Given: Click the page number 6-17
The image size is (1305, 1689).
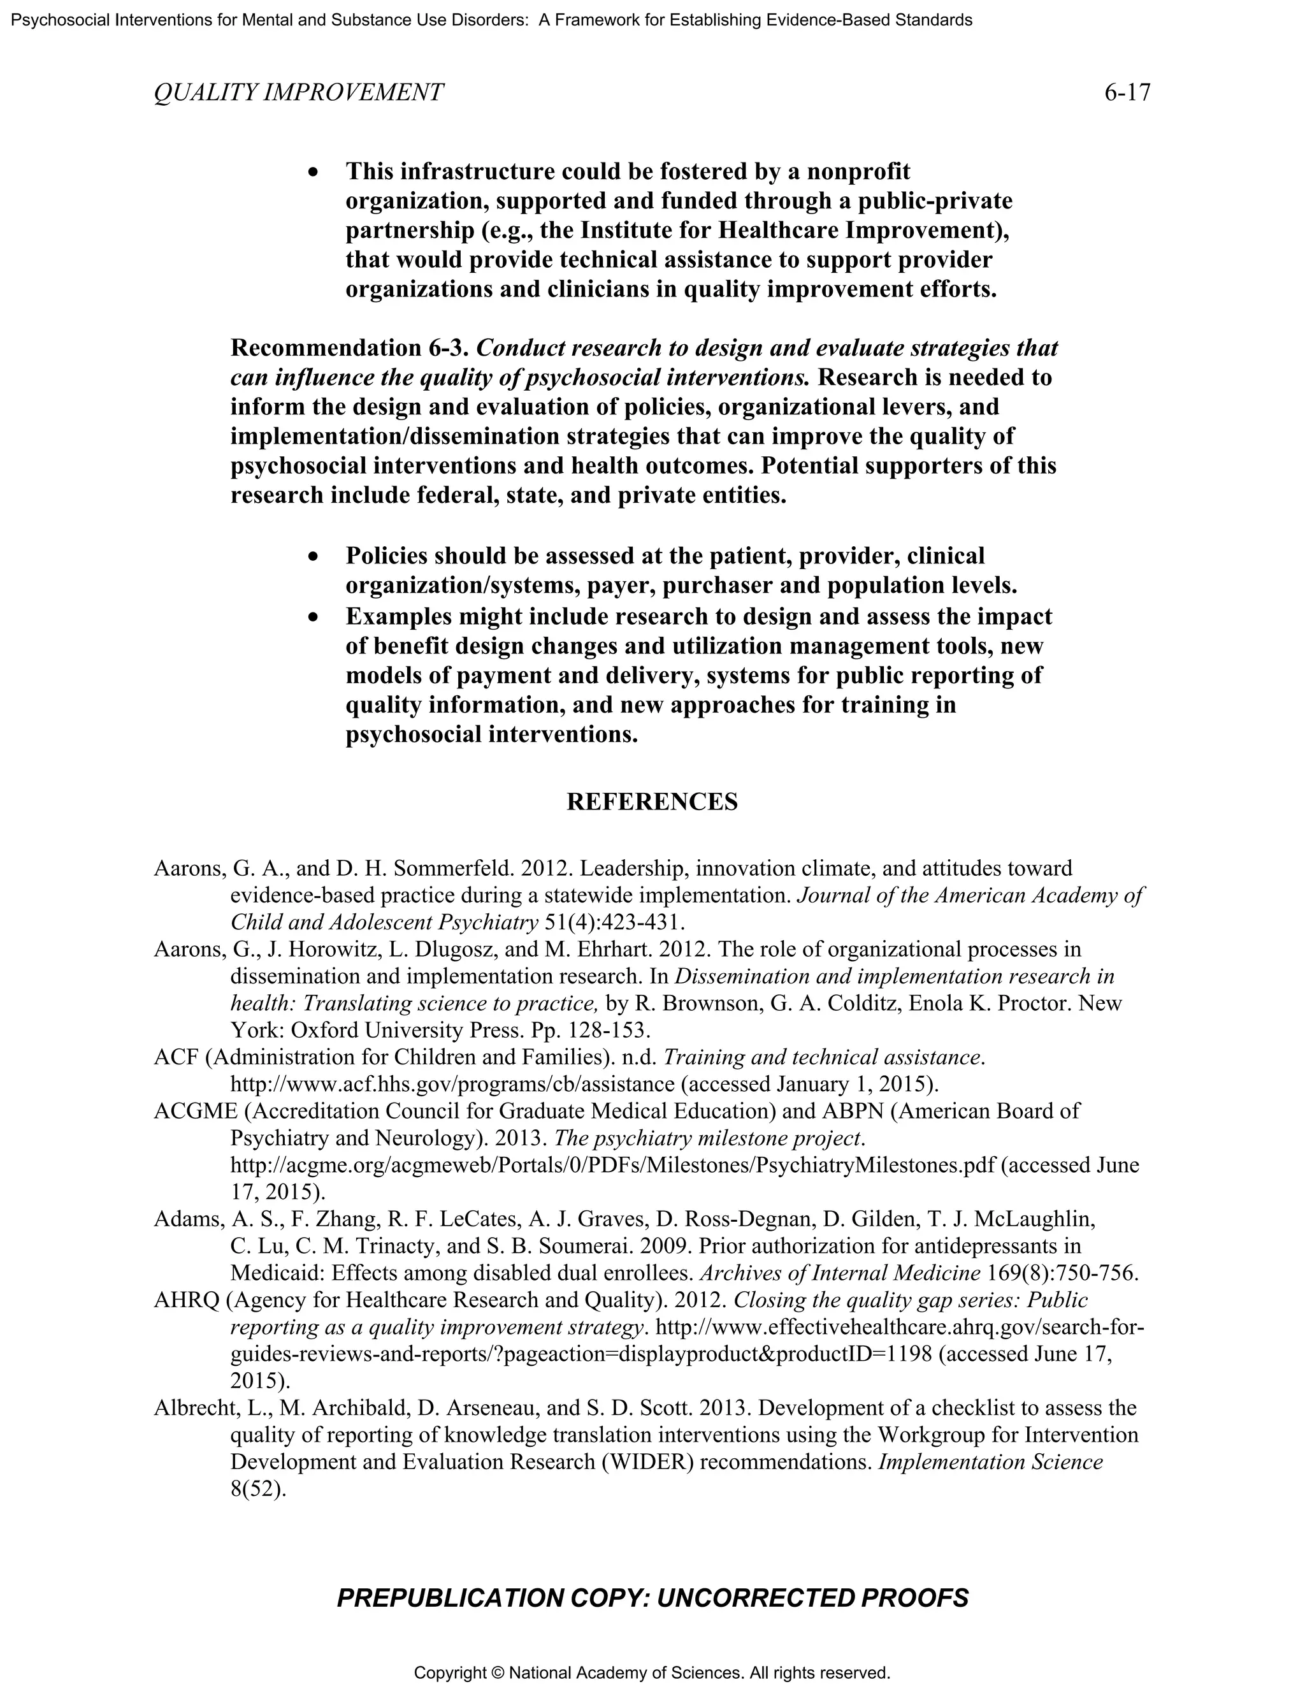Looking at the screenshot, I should [x=1127, y=93].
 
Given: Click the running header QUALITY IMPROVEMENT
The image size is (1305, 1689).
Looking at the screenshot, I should [x=298, y=93].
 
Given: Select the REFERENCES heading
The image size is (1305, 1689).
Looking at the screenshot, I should [x=652, y=801].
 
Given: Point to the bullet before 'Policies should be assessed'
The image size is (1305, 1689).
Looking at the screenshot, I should [x=313, y=558].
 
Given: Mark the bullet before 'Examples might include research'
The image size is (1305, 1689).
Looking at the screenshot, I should [x=313, y=618].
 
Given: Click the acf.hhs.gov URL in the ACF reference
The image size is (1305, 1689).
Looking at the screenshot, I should [x=452, y=1084].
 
